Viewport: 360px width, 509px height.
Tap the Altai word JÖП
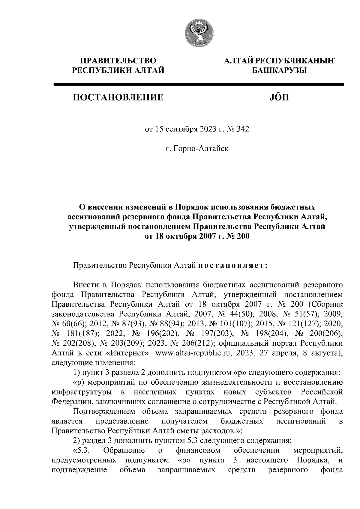[x=278, y=97]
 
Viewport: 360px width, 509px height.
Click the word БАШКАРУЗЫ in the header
[x=279, y=70]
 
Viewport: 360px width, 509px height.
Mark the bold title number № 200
[x=236, y=236]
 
